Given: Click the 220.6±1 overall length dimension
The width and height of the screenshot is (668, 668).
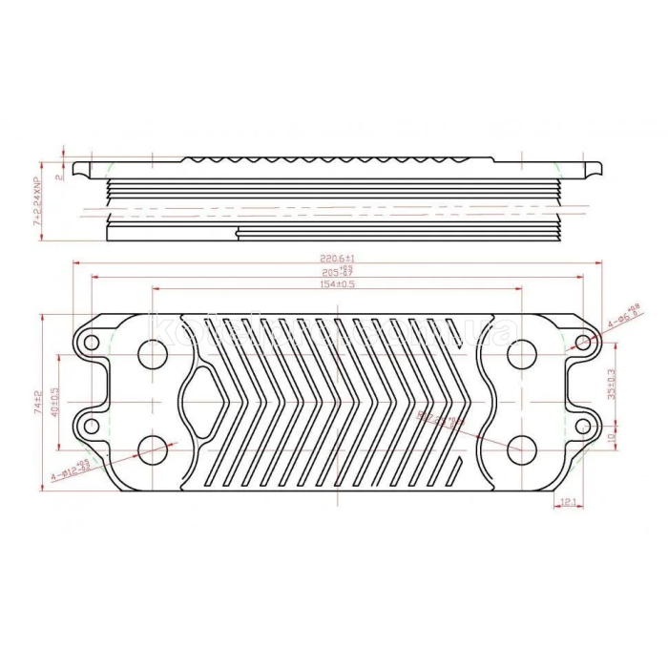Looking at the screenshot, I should (x=338, y=259).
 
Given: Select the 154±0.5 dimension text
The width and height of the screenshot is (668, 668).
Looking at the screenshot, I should (x=337, y=284).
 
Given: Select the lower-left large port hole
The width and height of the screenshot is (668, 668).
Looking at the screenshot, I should (x=153, y=449).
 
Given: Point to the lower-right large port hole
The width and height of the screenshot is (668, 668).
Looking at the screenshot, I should (x=521, y=449).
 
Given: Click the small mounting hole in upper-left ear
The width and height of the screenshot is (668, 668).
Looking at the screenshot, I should (x=92, y=343).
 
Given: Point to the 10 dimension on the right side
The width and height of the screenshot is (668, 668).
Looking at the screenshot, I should (x=612, y=437).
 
